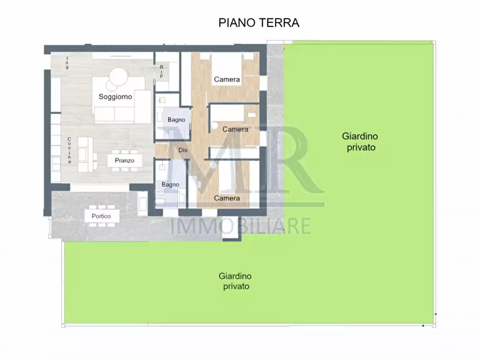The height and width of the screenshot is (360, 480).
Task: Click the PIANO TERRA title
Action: coord(259,23)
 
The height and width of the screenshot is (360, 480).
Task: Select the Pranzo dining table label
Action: coord(124,160)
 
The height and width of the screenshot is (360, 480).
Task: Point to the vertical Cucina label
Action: coord(69,150)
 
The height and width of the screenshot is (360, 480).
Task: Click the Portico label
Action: coord(101,216)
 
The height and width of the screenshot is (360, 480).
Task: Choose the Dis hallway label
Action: coord(183,150)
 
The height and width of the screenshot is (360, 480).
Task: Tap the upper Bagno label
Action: coord(176,119)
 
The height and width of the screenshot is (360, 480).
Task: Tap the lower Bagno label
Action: coord(170,185)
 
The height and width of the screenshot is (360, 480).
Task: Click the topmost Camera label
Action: coord(227,80)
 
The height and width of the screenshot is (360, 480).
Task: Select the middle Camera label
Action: coord(235,129)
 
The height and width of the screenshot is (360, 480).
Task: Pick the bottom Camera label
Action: coord(227,198)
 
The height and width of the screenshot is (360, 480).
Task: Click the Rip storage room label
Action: coord(161,71)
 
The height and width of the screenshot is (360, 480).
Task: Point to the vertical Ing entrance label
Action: coord(67,62)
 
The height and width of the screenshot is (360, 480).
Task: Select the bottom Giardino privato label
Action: coord(235,281)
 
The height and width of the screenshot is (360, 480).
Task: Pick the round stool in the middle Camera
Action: coord(213,127)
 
